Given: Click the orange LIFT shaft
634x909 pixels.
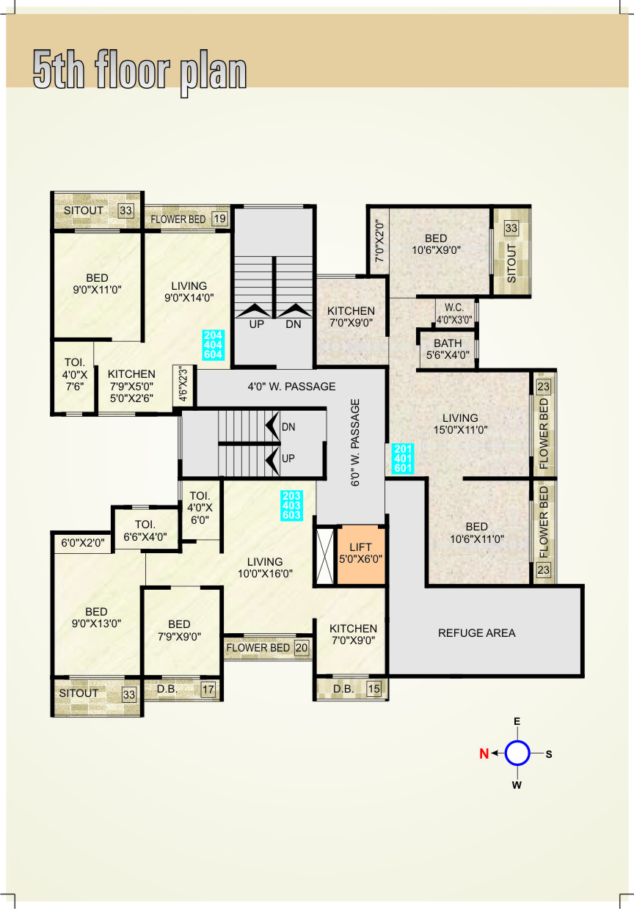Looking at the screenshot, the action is (361, 555).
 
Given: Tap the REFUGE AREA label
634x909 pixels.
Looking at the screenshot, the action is (476, 632).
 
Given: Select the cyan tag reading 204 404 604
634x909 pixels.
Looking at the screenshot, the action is (213, 345).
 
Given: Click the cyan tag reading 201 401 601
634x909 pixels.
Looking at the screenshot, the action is (403, 459).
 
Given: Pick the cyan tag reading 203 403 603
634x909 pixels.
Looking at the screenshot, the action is (291, 505).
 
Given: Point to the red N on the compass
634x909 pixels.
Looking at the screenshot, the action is (484, 753).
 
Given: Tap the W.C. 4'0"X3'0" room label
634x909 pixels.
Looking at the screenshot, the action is (454, 313).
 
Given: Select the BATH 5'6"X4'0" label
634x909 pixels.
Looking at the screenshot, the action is (448, 349).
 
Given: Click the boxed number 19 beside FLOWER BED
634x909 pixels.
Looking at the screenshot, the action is (219, 219).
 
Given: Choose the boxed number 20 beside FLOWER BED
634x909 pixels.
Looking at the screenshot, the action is (301, 648).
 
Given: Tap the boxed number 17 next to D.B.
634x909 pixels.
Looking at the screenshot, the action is (208, 690).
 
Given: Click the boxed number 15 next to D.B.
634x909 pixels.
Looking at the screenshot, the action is (374, 689).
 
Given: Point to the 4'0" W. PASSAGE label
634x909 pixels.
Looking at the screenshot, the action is (291, 387).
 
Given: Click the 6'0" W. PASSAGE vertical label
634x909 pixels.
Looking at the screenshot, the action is (355, 442).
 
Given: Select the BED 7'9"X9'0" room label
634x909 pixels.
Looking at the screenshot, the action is (179, 630).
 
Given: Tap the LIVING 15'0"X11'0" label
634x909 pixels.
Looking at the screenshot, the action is (460, 423).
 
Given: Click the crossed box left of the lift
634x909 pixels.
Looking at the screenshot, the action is (325, 556).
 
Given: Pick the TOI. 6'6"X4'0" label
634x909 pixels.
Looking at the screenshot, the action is (145, 530).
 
